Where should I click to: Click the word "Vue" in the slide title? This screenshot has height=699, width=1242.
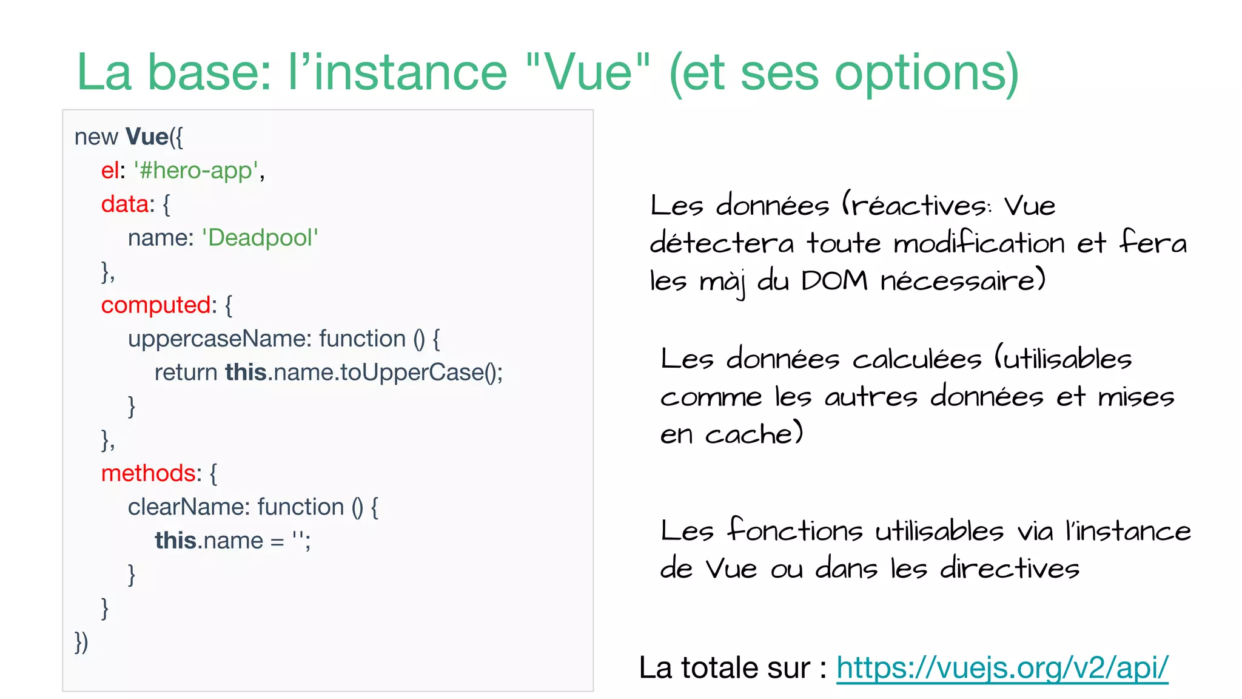(588, 73)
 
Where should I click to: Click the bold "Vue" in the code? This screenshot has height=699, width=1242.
(147, 137)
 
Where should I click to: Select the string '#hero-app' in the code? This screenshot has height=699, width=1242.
(196, 171)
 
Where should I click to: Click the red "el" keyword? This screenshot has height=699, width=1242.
(109, 171)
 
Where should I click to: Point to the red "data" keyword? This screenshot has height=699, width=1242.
(124, 204)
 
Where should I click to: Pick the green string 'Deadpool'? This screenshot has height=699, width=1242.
(260, 238)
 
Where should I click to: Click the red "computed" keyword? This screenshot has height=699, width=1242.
(155, 305)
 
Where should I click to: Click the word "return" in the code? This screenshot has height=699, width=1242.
(186, 373)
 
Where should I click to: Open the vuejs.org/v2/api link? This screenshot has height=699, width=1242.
(1002, 668)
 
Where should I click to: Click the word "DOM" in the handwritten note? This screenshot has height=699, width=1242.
(834, 280)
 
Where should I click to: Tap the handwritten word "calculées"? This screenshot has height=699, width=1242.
(916, 359)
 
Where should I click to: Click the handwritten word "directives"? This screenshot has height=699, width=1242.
(1010, 569)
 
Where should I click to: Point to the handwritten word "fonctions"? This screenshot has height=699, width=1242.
(794, 530)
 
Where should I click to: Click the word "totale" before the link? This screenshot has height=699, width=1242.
(720, 668)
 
